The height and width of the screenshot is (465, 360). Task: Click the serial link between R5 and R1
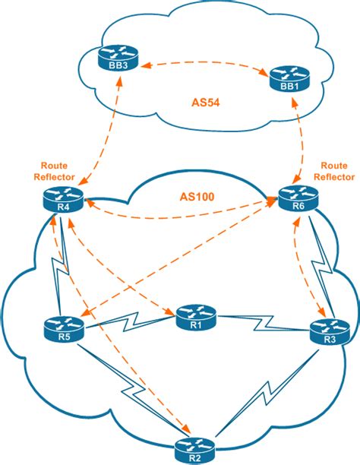click(x=129, y=321)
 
